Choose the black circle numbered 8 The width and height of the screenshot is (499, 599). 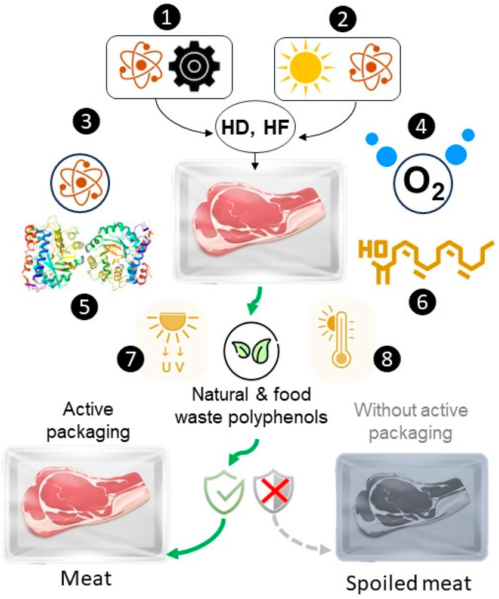[383, 359]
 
